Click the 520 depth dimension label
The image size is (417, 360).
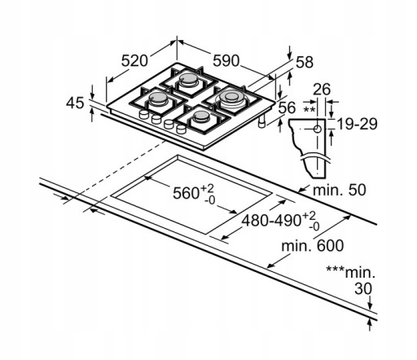(134, 61)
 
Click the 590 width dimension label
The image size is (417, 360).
(226, 61)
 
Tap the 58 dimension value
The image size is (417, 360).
(305, 62)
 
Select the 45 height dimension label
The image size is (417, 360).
(75, 103)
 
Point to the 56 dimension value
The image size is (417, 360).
(287, 108)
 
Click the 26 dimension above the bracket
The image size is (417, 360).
(322, 90)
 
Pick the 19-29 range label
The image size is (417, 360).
(357, 125)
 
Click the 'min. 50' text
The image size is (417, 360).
(340, 190)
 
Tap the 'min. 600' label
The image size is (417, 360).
(313, 246)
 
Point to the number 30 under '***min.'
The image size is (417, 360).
(363, 289)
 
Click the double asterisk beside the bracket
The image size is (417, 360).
(309, 110)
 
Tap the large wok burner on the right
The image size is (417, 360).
(231, 98)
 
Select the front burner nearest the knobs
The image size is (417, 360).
(201, 117)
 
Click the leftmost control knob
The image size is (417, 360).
(143, 114)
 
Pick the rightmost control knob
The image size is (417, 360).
(181, 129)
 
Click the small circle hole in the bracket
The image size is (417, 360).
(317, 130)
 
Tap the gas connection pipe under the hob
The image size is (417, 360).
(262, 121)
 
